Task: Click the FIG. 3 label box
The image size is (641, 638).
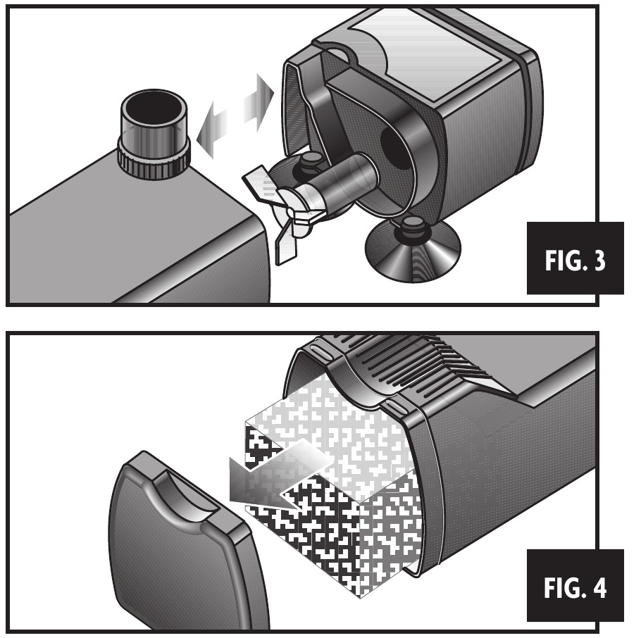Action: pyautogui.click(x=575, y=258)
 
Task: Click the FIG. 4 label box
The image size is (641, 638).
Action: pyautogui.click(x=575, y=585)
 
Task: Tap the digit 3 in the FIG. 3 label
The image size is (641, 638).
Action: pyautogui.click(x=599, y=261)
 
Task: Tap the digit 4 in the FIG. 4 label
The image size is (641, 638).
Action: pyautogui.click(x=599, y=588)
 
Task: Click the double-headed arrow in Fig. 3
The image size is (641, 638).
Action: pyautogui.click(x=235, y=115)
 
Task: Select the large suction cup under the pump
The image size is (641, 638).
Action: pyautogui.click(x=413, y=251)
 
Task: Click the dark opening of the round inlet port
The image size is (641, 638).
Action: pyautogui.click(x=154, y=111)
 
